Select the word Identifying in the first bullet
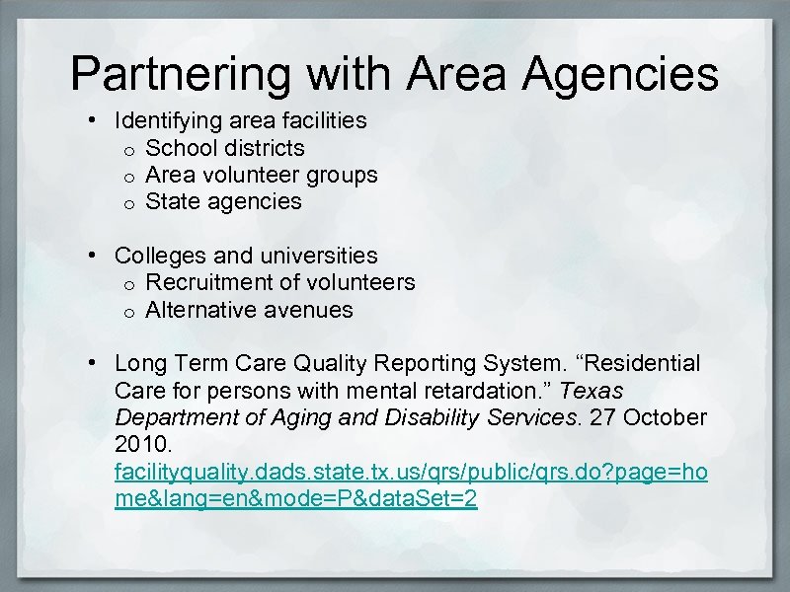(x=169, y=121)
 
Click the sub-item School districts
(x=225, y=148)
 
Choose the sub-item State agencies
(x=223, y=201)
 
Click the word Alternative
(x=201, y=310)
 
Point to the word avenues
(x=309, y=310)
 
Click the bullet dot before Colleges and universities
(x=92, y=256)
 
